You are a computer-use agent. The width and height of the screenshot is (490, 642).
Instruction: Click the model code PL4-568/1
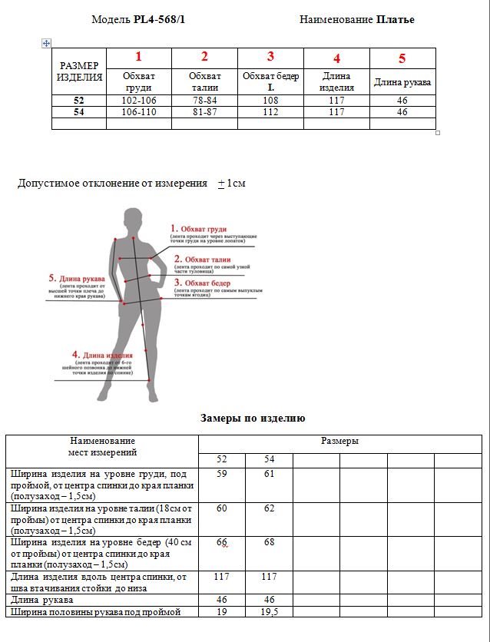[x=159, y=19]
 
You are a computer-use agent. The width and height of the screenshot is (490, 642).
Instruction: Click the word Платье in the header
[x=396, y=19]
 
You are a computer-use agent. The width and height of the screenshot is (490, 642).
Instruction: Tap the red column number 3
[x=270, y=56]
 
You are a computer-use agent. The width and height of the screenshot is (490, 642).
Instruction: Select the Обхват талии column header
[x=204, y=81]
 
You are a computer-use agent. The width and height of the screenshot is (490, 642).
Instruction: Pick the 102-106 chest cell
[x=138, y=101]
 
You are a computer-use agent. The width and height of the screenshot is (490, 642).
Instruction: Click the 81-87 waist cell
[x=204, y=112]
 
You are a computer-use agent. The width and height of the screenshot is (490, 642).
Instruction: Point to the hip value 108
[x=270, y=101]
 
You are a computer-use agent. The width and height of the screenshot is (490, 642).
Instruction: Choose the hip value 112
[x=270, y=112]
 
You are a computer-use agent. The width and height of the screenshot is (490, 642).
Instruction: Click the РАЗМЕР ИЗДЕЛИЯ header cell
[x=79, y=71]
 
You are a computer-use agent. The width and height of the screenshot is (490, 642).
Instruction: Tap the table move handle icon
[x=46, y=43]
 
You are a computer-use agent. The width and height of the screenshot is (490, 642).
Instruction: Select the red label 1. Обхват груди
[x=198, y=229]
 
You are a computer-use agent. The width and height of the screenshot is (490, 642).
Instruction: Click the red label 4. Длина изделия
[x=102, y=356]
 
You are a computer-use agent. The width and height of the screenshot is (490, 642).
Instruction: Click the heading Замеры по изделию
[x=253, y=419]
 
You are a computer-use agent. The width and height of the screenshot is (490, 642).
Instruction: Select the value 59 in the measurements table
[x=222, y=474]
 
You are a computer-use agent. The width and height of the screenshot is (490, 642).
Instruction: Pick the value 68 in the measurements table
[x=269, y=543]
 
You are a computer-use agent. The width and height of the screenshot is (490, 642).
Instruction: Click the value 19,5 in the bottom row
[x=269, y=612]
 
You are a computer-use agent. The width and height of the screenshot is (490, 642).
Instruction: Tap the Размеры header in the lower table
[x=339, y=442]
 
